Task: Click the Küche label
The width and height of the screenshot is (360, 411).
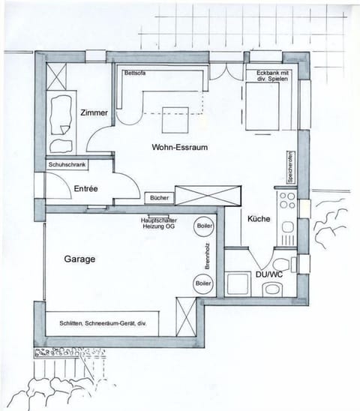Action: tap(258, 217)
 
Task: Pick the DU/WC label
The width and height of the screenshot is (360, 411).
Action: tap(268, 274)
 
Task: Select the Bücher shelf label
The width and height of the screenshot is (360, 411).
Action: tap(160, 197)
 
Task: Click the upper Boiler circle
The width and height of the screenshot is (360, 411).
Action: tap(203, 226)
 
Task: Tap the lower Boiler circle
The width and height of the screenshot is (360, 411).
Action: tap(202, 283)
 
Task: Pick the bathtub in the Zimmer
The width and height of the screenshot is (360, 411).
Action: tap(58, 112)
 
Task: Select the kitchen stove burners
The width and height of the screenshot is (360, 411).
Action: tap(286, 200)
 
